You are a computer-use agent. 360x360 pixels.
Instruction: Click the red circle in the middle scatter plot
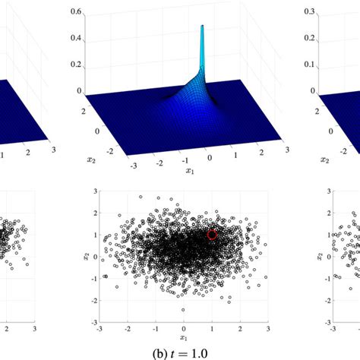point(212,235)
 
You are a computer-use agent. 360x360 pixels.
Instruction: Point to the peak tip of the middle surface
point(203,27)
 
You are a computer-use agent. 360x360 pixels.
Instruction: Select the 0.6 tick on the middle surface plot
point(75,13)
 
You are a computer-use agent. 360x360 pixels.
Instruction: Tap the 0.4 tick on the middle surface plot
point(75,39)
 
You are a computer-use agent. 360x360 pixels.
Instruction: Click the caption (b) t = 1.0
point(181,352)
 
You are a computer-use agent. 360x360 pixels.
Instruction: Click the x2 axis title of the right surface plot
point(325,159)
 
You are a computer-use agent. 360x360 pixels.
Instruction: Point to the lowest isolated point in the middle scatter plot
point(183,310)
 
